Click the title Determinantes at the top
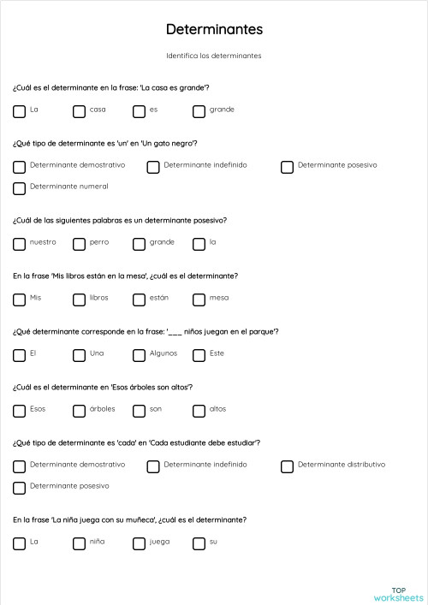click(214, 30)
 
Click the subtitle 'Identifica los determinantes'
click(214, 56)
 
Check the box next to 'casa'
click(80, 110)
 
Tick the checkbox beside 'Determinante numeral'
click(20, 187)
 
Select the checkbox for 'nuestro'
click(20, 243)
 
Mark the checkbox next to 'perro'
click(80, 243)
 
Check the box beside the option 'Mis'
click(20, 299)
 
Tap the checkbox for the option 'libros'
click(80, 299)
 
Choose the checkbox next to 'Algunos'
click(140, 354)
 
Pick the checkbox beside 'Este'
click(199, 354)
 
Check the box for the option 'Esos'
click(20, 410)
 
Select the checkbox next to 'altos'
click(199, 410)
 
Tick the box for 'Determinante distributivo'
click(288, 466)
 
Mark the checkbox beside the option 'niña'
click(80, 543)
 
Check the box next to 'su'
click(199, 543)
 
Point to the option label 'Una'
click(98, 353)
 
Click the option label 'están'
click(159, 298)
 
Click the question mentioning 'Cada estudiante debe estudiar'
click(137, 442)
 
